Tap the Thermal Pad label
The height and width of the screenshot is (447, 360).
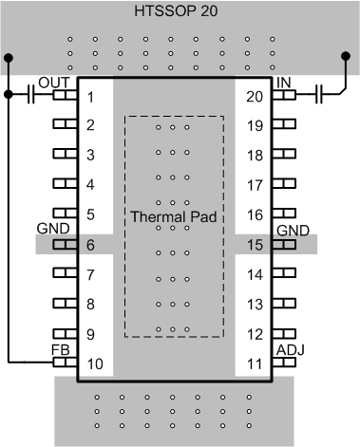[x=175, y=216]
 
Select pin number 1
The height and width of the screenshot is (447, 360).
[x=90, y=96]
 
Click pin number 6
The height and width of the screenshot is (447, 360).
[x=90, y=245]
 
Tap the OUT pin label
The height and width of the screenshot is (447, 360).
[x=51, y=83]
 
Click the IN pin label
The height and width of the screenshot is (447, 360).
[x=284, y=83]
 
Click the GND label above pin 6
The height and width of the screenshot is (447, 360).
[x=53, y=231]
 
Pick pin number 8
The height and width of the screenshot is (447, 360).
[x=90, y=305]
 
